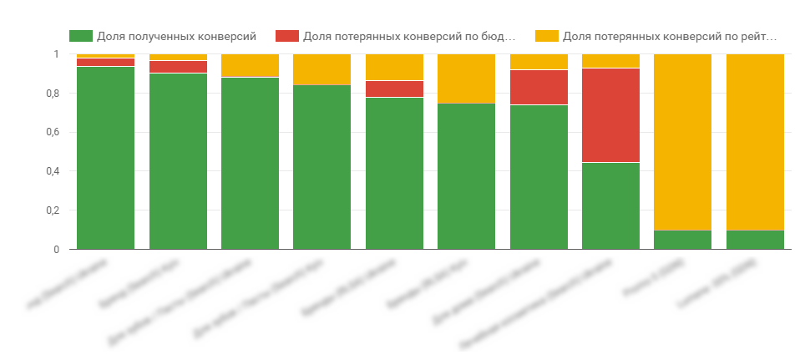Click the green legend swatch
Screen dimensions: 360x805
(80, 36)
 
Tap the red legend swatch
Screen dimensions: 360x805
(287, 36)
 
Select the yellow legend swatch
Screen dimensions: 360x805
(547, 36)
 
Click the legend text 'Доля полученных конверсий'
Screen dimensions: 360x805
(176, 36)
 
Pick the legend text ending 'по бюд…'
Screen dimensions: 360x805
(409, 36)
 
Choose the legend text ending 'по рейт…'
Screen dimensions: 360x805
(670, 36)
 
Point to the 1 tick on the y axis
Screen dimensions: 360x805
(56, 54)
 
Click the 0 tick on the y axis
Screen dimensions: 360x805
(56, 250)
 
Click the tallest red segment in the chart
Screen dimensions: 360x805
(610, 115)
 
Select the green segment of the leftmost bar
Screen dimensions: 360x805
(105, 158)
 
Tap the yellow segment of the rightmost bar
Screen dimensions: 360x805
(755, 142)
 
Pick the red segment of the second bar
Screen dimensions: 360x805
(178, 67)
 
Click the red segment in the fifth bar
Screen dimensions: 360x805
(394, 89)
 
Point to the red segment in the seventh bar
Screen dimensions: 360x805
(539, 87)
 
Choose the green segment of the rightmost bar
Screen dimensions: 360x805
(755, 240)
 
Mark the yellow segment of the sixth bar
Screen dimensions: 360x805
(466, 79)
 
